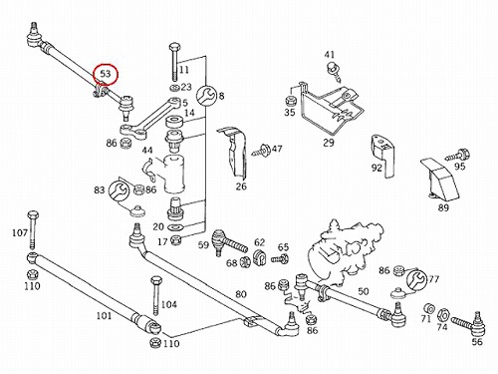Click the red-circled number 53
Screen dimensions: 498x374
(x=106, y=74)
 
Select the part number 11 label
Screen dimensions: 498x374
(x=183, y=70)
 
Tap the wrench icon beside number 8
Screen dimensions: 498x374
(x=206, y=95)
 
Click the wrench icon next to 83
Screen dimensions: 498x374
(x=119, y=190)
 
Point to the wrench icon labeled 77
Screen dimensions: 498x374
(x=416, y=279)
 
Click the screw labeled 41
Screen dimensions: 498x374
(x=333, y=72)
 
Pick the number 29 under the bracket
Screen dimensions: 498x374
(x=329, y=143)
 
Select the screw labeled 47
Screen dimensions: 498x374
(x=261, y=150)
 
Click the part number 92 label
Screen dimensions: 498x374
(x=376, y=168)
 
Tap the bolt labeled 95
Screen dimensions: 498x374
(x=455, y=155)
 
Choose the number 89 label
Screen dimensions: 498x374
(x=443, y=208)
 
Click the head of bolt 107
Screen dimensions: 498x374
(x=32, y=214)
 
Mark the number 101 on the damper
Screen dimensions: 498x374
(x=105, y=315)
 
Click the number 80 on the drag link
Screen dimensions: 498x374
(x=241, y=294)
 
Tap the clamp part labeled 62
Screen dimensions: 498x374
(x=259, y=257)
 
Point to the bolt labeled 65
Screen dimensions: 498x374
(x=280, y=258)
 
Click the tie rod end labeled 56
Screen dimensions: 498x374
(x=470, y=323)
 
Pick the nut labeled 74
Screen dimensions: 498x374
(x=442, y=314)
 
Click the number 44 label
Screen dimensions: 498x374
(x=147, y=151)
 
